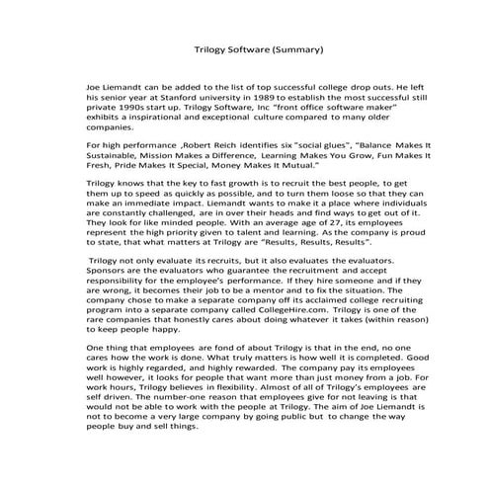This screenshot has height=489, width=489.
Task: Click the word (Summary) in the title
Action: pos(293,47)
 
